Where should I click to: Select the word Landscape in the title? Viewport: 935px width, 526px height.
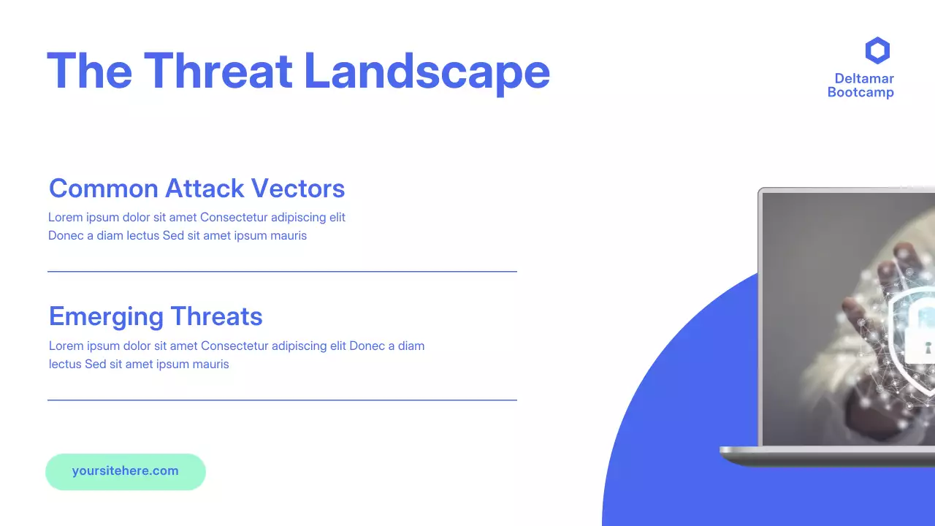click(427, 71)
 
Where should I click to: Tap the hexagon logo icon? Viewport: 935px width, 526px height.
click(877, 51)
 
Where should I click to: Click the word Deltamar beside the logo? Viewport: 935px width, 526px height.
click(864, 79)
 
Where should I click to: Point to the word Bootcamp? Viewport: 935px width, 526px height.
click(860, 93)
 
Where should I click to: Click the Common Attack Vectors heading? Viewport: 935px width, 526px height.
click(196, 188)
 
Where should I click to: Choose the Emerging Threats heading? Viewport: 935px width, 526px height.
click(156, 316)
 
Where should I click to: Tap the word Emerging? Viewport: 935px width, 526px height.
click(106, 316)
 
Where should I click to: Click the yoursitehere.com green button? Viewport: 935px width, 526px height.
click(126, 471)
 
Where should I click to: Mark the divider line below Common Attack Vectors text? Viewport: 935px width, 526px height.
click(282, 271)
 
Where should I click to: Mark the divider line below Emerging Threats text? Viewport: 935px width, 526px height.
click(282, 400)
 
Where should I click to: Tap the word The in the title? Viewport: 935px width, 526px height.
click(89, 71)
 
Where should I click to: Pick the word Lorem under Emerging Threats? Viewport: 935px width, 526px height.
click(65, 346)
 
